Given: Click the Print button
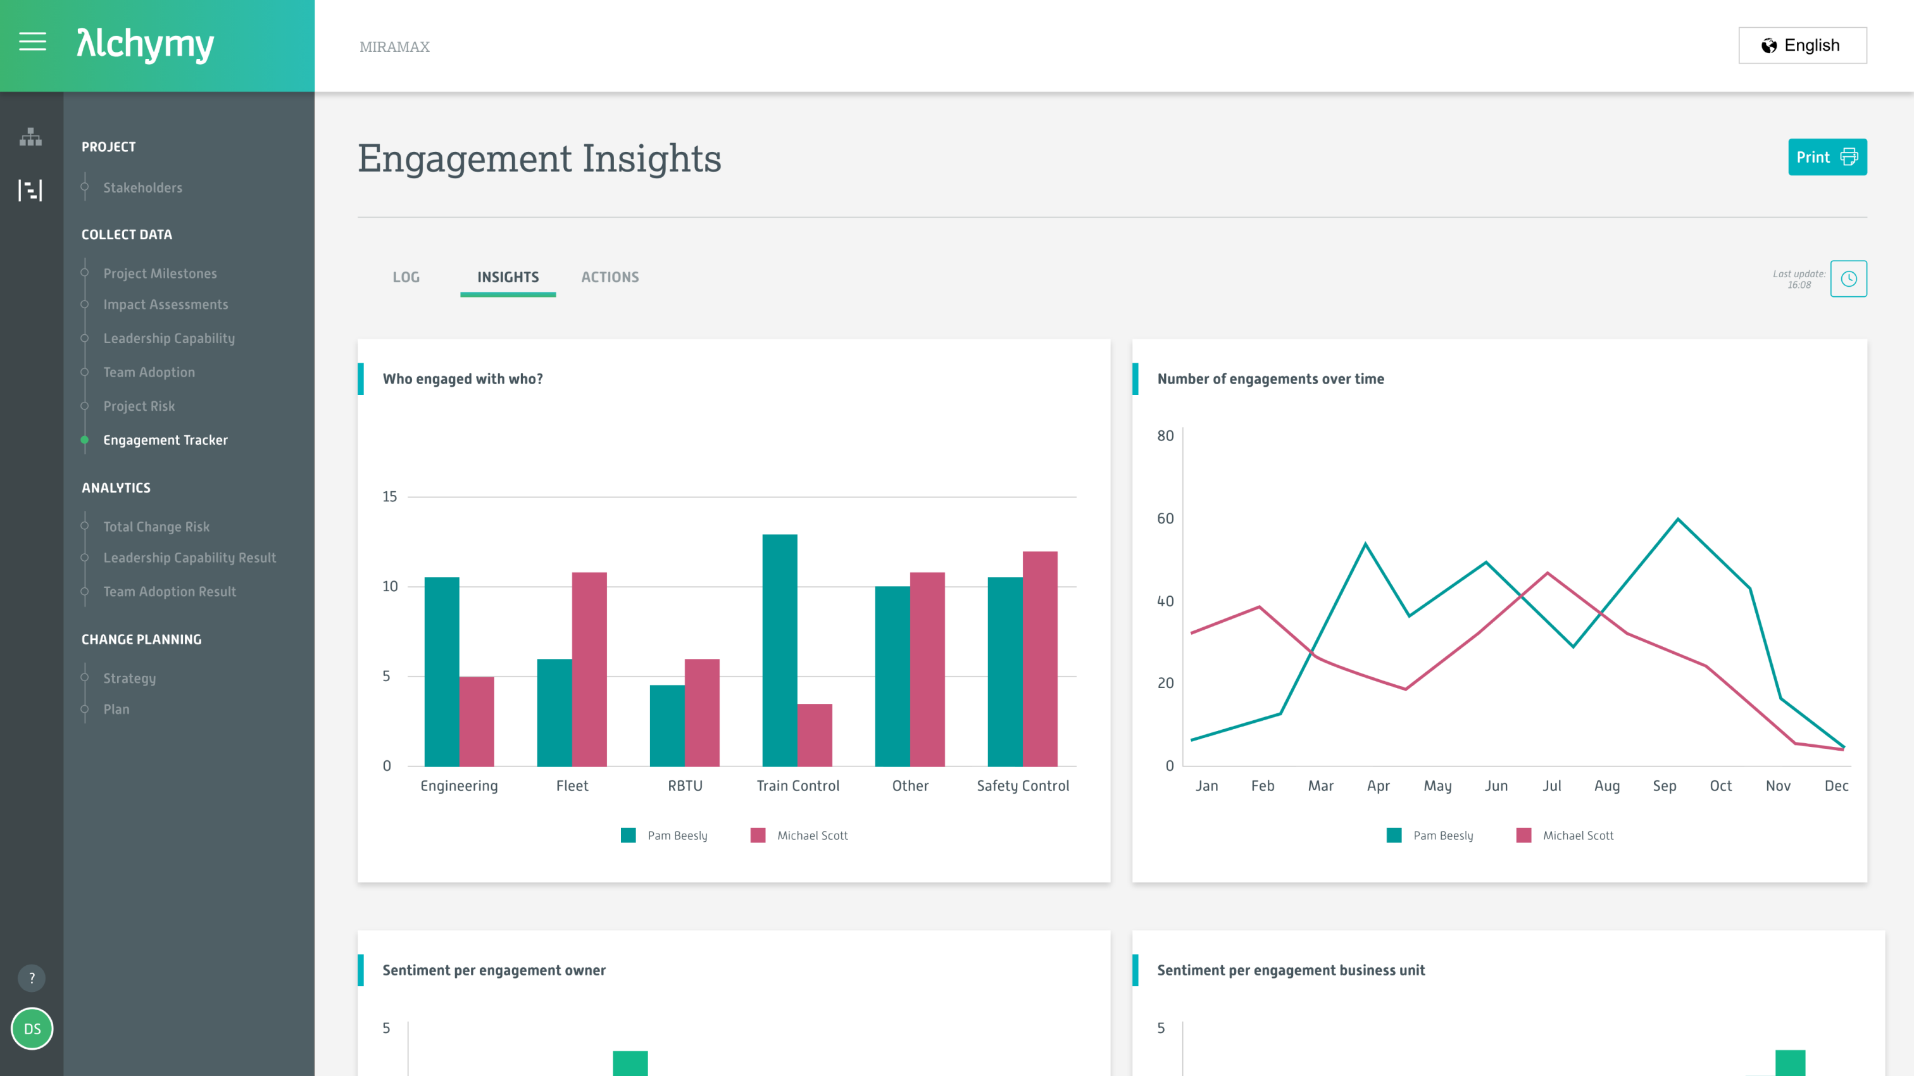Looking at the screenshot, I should (x=1826, y=157).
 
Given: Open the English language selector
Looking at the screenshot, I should (x=1802, y=46).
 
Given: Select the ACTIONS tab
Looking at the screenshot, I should (x=610, y=277).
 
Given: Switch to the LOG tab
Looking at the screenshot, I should (x=406, y=277).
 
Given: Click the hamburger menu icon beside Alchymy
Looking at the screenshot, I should (x=32, y=42).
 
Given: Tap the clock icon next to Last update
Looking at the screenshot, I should (x=1848, y=278).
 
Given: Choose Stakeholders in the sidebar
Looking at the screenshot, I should (x=142, y=188).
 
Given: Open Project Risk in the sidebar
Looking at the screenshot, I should (x=139, y=406).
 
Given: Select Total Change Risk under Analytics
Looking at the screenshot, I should (x=156, y=527).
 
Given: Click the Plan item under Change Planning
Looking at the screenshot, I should (x=116, y=710).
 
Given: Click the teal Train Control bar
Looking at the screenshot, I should (x=779, y=650).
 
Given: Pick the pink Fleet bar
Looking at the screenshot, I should (x=589, y=669).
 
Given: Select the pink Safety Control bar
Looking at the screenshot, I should (x=1039, y=658).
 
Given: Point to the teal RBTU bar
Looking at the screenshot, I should (x=666, y=725).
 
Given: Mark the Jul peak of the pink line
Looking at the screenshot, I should (x=1547, y=573).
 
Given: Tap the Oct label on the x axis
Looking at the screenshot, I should (x=1720, y=786).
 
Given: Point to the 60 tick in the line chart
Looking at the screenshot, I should (x=1165, y=518).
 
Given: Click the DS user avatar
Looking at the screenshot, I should (x=32, y=1029).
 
